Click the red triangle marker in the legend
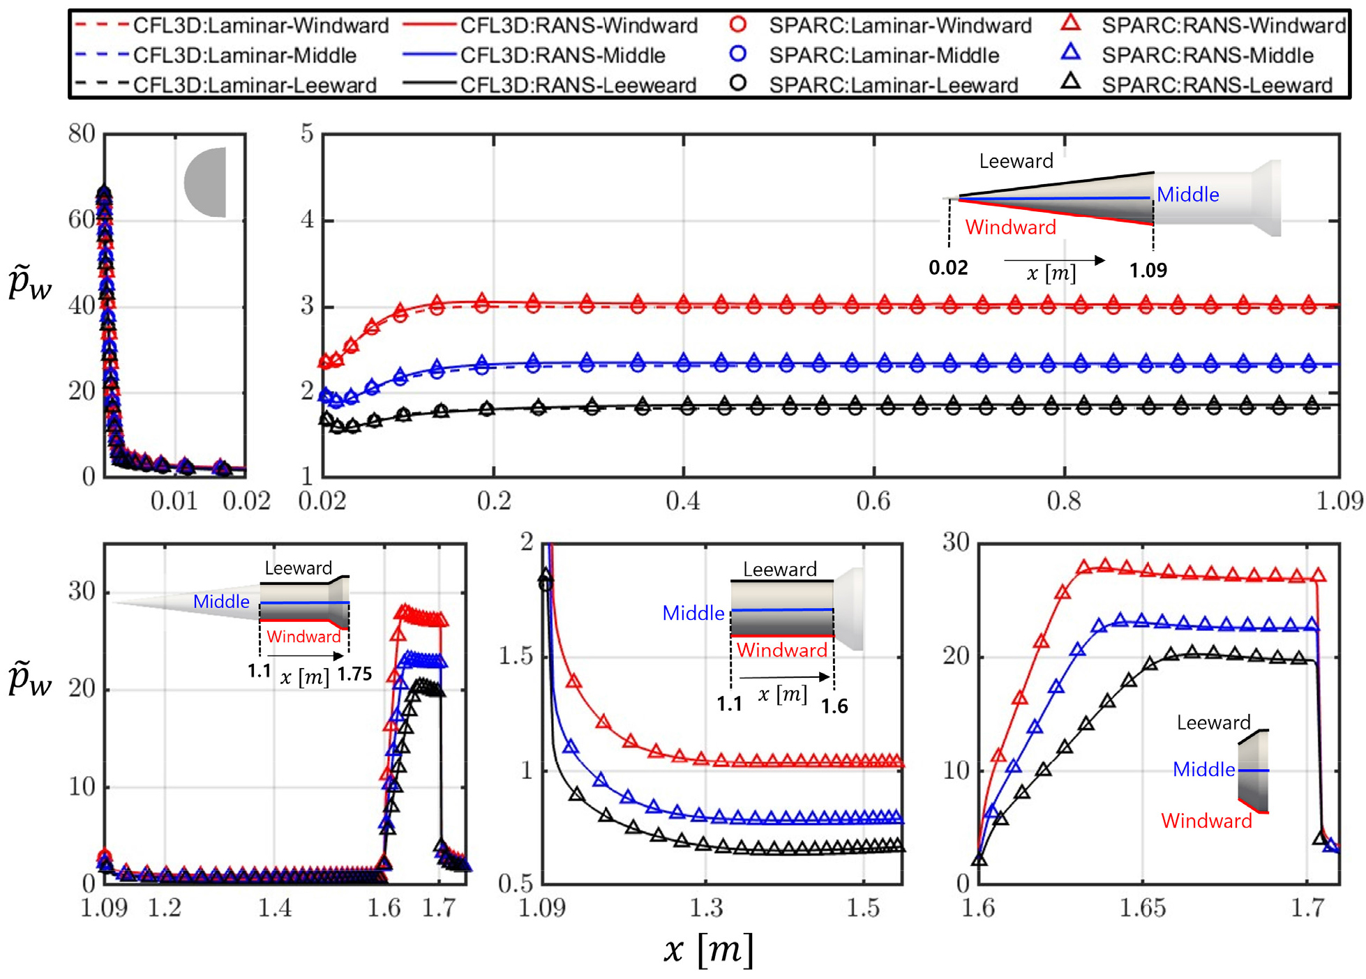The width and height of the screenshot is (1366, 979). (1071, 23)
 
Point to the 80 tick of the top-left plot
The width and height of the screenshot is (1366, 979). (82, 133)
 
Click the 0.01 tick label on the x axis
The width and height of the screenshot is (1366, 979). (174, 501)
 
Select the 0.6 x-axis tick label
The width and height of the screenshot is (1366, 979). (873, 501)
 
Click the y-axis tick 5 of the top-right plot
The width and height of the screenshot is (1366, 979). (307, 133)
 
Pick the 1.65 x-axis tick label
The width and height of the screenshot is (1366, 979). (1142, 908)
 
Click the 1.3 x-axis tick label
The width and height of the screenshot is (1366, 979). (706, 908)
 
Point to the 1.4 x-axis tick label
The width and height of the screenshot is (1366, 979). (275, 908)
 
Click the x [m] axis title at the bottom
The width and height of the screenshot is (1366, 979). (709, 949)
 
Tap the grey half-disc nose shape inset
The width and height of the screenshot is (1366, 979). (205, 182)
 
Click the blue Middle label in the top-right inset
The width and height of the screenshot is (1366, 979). (1188, 195)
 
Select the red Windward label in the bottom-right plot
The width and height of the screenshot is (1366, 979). (1206, 821)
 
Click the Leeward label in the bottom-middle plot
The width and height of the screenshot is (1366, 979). (780, 569)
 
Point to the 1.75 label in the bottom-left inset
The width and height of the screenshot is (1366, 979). (355, 674)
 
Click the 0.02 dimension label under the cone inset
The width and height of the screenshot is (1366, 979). (948, 268)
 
